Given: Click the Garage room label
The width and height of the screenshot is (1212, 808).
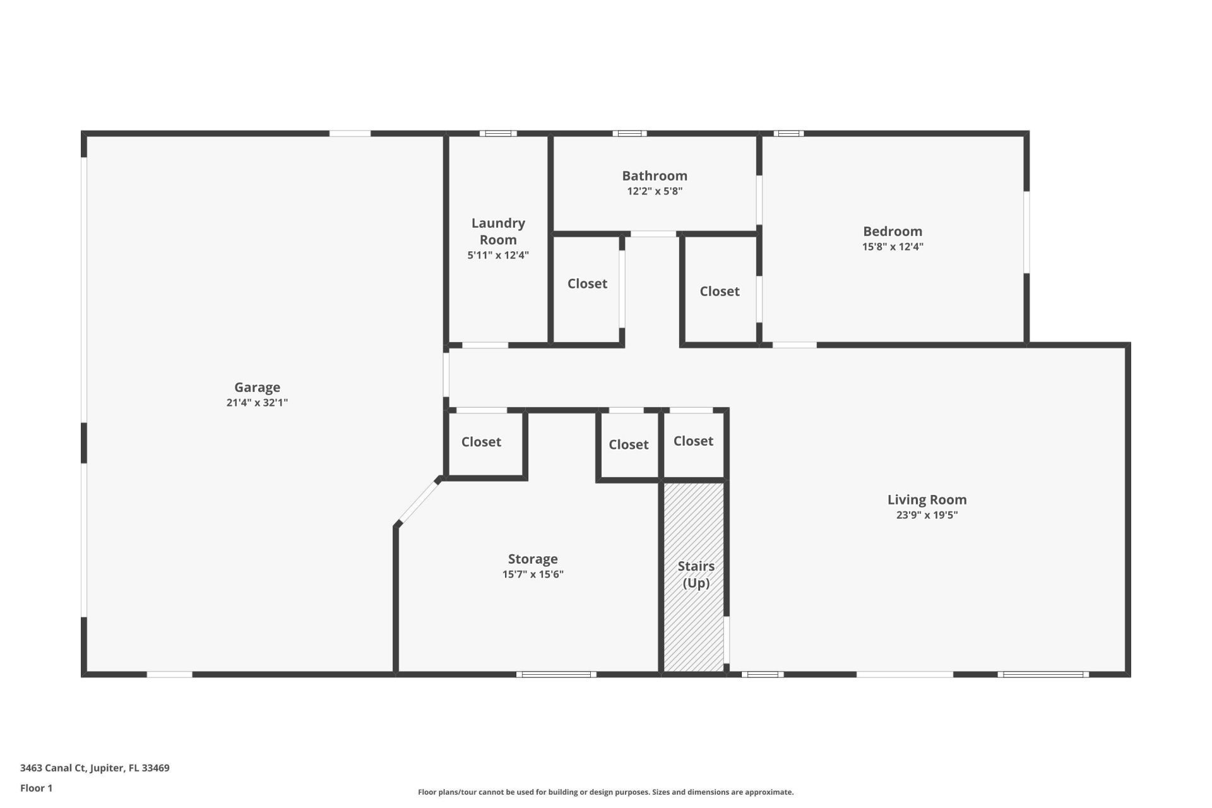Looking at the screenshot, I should [257, 387].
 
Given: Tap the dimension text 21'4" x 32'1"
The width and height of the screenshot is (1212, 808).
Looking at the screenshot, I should [257, 403].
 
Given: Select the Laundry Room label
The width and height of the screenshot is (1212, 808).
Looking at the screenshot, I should [498, 231].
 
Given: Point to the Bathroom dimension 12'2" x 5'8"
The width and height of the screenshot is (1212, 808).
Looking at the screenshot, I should [655, 191].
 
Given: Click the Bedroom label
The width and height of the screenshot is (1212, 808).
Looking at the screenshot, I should [893, 231].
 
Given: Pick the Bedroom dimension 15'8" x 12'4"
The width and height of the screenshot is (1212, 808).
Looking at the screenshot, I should [893, 247].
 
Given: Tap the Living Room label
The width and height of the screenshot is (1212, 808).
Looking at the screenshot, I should [927, 499].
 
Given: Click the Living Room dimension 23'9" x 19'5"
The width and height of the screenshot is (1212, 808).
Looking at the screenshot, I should [927, 515].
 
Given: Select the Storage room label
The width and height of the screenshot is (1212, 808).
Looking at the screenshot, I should [533, 559].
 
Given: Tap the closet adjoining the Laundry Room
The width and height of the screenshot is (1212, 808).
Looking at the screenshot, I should [587, 284].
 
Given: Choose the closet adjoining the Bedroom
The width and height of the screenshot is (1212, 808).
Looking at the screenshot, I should [720, 291].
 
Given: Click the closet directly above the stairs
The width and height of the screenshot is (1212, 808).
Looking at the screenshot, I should [693, 441].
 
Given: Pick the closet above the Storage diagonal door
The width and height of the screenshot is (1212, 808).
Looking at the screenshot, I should [481, 442].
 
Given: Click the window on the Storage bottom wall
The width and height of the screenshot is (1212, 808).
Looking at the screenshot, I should [556, 674].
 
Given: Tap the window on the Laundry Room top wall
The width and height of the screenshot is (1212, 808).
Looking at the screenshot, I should [498, 133].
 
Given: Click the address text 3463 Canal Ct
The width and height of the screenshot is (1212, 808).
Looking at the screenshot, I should [95, 768].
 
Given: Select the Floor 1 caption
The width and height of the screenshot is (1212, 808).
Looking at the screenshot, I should [36, 788].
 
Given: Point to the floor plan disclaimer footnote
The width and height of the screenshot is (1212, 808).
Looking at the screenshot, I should [605, 792].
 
